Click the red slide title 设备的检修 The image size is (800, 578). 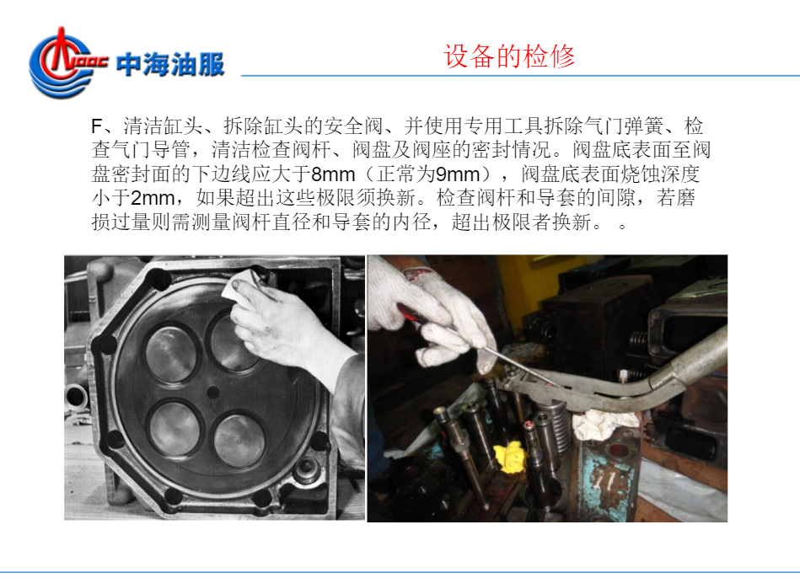[x=509, y=56]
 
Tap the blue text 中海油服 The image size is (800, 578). [x=170, y=65]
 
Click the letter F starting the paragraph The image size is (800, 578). [x=97, y=126]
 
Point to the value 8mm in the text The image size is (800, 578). [x=333, y=174]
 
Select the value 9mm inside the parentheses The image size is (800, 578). [x=458, y=174]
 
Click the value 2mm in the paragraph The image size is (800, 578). [x=153, y=199]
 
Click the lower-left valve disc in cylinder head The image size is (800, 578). [x=174, y=427]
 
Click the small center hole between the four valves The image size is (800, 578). [x=212, y=393]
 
